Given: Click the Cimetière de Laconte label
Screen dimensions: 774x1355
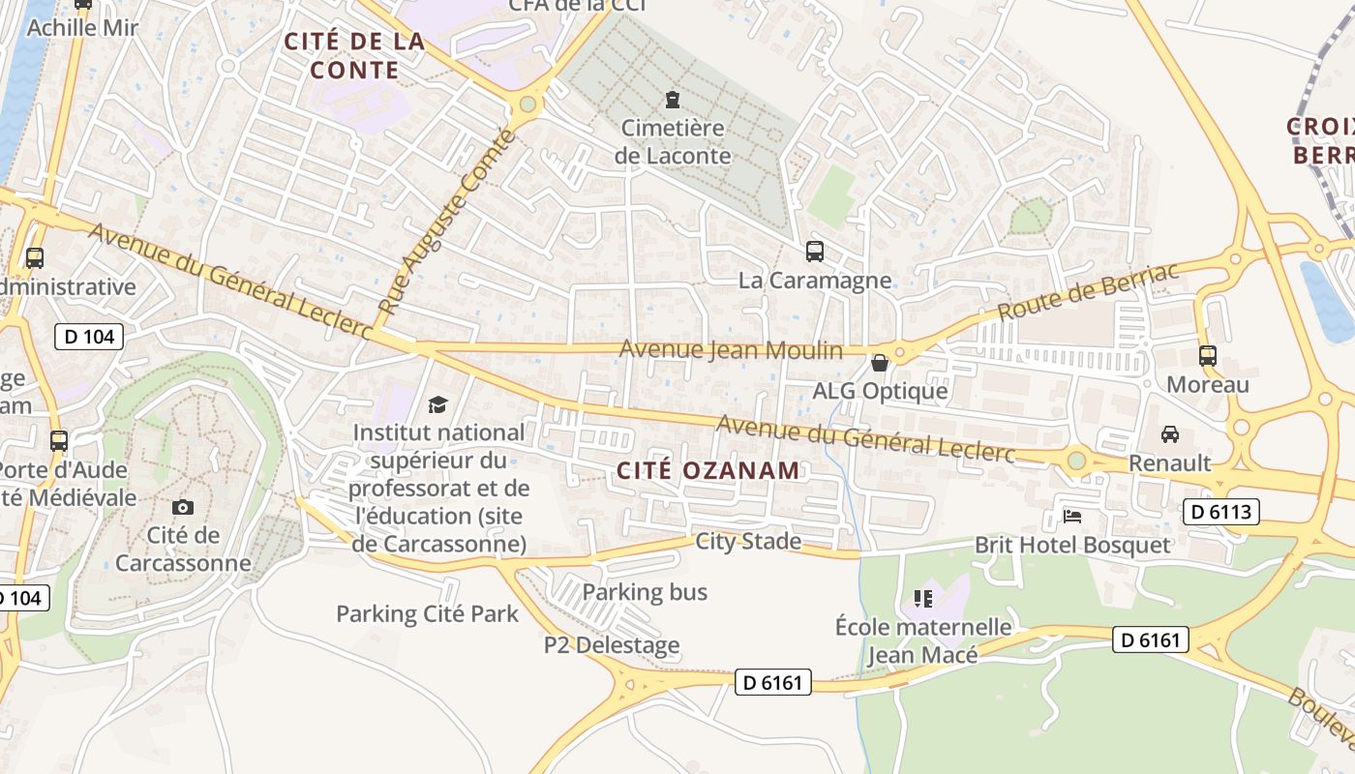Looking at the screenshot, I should click(673, 141).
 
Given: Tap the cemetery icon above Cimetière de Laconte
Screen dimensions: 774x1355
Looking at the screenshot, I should click(673, 99).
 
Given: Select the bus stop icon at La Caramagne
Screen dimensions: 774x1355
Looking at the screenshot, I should click(815, 252).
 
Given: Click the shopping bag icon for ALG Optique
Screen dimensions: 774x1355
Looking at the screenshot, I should click(880, 363).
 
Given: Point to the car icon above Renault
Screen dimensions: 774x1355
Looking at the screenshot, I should click(1170, 433).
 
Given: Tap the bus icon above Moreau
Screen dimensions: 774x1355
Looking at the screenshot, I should click(1207, 355).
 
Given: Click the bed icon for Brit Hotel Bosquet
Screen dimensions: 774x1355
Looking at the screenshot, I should click(1072, 516).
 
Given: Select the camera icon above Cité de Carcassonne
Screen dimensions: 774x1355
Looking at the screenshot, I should click(182, 507).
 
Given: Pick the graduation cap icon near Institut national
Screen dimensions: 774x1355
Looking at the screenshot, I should click(438, 403).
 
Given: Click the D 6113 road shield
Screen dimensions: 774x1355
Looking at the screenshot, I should click(1220, 512).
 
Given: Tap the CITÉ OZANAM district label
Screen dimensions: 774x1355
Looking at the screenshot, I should click(709, 471).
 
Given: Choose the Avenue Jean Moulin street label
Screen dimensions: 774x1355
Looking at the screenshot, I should click(731, 349).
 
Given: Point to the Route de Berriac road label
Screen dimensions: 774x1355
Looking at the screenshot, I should click(1088, 291).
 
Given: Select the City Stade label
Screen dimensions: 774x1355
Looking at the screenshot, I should click(748, 541).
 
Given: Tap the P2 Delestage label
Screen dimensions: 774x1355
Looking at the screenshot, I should click(612, 645).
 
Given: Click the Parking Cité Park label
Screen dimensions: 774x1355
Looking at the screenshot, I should click(427, 613).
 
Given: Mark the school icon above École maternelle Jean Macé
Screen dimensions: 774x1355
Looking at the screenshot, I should click(923, 599).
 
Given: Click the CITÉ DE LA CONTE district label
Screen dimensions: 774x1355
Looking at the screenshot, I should click(354, 55).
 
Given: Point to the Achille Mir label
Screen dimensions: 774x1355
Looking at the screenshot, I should click(83, 27).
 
